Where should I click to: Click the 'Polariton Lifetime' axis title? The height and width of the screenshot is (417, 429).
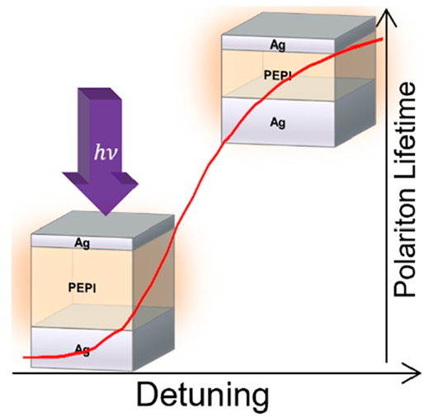coord(404,190)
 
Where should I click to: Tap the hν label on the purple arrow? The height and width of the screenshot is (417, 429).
coord(106,153)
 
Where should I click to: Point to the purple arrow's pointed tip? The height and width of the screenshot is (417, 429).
coord(106,216)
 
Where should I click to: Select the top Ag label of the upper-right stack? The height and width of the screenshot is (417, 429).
coord(278,45)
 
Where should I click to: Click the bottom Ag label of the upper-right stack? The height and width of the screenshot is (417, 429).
coord(278,122)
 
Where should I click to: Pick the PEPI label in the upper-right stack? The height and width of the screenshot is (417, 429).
coord(277,75)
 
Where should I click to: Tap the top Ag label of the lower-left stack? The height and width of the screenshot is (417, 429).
coord(82,243)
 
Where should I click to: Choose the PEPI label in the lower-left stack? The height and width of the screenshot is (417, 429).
coord(82,288)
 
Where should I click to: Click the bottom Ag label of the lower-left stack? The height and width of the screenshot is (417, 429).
coord(82,350)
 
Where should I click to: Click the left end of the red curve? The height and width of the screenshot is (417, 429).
coord(24,358)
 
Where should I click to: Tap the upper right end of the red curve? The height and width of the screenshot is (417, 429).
coord(382,39)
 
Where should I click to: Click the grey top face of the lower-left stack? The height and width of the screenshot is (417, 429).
coord(103,224)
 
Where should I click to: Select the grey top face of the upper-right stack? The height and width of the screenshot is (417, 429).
coord(299,24)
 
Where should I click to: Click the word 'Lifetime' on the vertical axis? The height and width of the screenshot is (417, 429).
coord(404,129)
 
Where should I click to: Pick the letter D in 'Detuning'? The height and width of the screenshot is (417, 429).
coord(148,394)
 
